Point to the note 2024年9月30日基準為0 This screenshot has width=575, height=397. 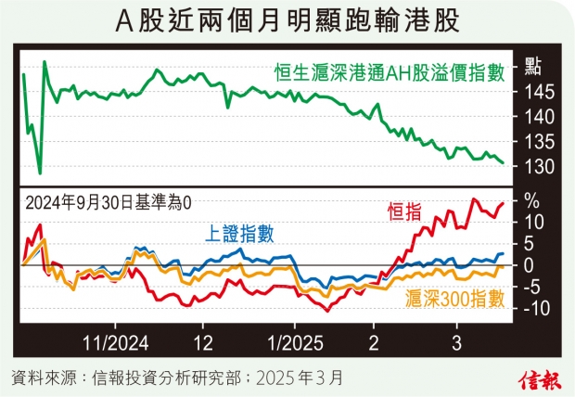pyautogui.click(x=111, y=201)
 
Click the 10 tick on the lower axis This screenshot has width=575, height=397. pyautogui.click(x=531, y=222)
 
